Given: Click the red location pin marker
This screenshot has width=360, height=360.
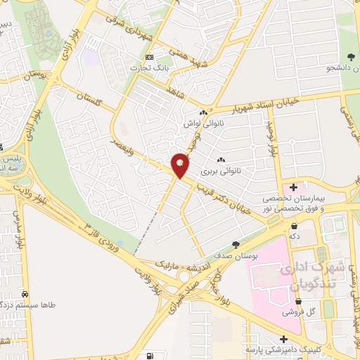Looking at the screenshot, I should click(x=181, y=165).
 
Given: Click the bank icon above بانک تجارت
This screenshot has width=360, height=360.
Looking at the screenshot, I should click(x=148, y=57).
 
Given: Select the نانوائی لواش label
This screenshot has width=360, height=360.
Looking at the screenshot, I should click(x=198, y=123).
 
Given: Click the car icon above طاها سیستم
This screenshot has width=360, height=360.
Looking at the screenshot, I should click(x=25, y=294).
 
